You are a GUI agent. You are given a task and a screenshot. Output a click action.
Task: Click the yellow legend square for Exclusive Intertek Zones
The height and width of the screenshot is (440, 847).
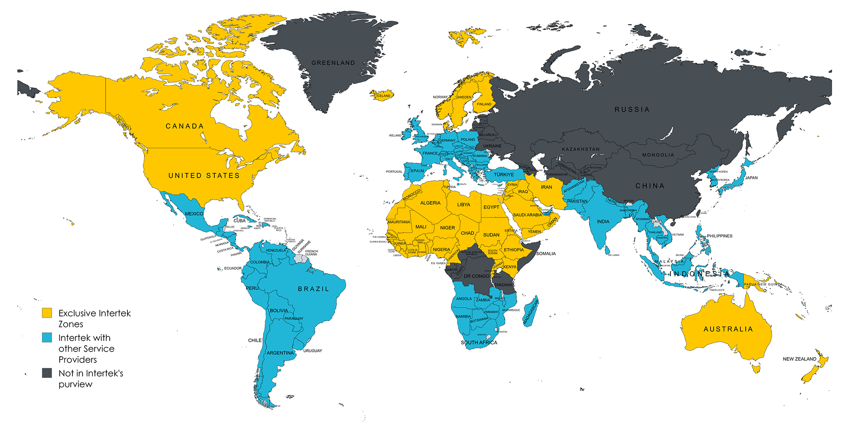[47, 313]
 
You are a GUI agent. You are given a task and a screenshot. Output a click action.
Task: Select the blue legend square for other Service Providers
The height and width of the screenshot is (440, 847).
[47, 338]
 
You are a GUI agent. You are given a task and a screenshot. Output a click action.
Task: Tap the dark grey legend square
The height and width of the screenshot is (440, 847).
[47, 373]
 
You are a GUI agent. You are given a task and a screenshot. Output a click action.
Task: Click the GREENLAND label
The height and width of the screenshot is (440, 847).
[333, 63]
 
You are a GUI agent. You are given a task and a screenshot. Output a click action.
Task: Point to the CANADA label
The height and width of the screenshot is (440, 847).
[185, 126]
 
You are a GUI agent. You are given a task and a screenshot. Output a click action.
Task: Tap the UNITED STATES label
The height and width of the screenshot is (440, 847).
[204, 176]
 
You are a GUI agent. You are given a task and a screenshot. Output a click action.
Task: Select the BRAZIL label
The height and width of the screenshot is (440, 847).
[313, 289]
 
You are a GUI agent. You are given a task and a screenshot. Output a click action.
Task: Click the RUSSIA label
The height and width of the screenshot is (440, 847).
[632, 110]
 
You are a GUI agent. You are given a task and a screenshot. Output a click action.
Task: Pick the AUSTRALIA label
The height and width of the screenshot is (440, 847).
[728, 329]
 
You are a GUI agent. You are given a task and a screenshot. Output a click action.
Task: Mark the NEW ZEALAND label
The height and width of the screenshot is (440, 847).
[799, 359]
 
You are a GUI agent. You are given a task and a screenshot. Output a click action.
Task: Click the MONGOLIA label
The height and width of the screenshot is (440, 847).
[658, 155]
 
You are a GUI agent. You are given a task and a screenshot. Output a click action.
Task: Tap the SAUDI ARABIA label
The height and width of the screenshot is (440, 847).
[527, 215]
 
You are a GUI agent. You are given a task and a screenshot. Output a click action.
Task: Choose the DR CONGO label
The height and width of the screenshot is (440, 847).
[476, 276]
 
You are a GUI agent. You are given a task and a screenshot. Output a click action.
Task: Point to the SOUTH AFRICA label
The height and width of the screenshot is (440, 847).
[479, 343]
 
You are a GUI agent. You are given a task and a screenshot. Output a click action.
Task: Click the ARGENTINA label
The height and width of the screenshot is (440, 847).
[280, 353]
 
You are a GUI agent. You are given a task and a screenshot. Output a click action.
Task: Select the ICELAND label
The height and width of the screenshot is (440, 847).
[384, 96]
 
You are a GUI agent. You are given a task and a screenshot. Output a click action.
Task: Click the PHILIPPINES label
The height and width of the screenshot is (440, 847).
[720, 236]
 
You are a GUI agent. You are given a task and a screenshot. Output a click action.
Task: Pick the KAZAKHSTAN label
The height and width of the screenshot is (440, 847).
[581, 149]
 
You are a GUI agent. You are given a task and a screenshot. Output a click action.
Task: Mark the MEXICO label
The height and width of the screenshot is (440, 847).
[194, 214]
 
